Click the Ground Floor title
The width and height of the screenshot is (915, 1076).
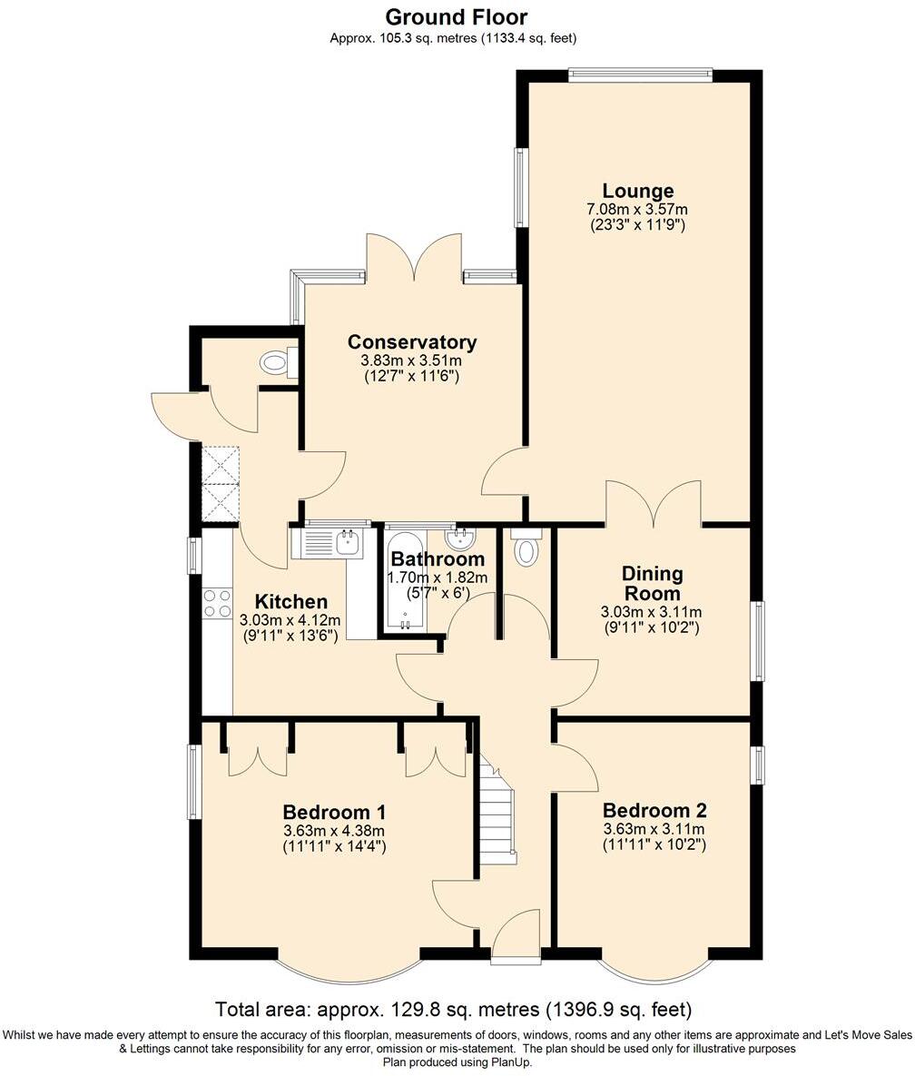pos(456,17)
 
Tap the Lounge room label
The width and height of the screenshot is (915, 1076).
pos(638,191)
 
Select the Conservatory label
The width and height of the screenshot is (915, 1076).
pos(412,342)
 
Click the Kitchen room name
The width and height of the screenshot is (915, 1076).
pos(290,602)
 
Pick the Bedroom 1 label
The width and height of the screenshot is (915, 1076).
pos(334,812)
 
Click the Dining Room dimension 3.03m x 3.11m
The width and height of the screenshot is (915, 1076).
pos(652,612)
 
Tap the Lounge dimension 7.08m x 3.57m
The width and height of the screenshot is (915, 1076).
pos(637,209)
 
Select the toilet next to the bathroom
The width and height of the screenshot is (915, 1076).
pos(526,549)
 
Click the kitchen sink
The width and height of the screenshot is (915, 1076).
pos(346,543)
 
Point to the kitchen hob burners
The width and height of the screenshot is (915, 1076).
pos(217,604)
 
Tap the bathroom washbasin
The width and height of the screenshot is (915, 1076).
pos(463,540)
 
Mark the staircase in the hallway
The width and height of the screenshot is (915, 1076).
pos(497,813)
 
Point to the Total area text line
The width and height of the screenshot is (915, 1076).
pos(454,1009)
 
